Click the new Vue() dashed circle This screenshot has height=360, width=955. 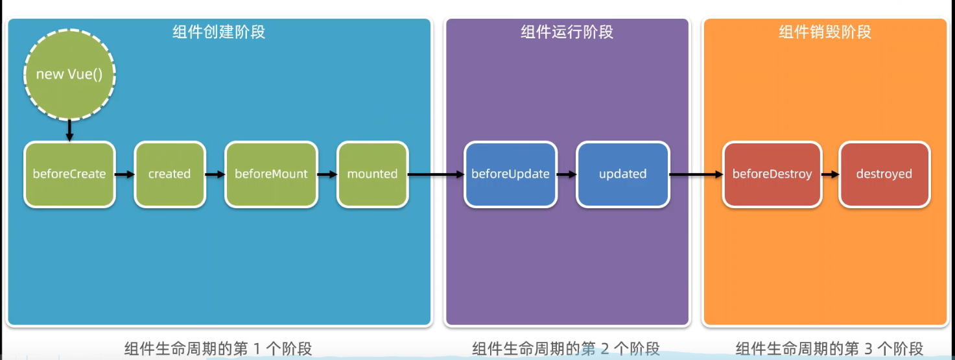point(69,74)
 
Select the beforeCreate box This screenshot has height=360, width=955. point(69,174)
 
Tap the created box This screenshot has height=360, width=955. point(169,174)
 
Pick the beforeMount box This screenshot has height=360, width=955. point(271,174)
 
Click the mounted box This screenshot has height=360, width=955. point(372,174)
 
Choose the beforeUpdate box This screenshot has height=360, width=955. point(510,174)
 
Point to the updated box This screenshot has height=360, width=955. point(622,174)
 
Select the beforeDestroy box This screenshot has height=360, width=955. point(772,174)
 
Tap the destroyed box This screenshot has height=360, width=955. point(884,174)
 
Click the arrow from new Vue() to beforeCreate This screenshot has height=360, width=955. point(69,130)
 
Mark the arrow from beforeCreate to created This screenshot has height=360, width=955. point(124,174)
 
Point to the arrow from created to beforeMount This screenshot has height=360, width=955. point(215,174)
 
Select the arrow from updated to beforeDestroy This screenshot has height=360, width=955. point(696,174)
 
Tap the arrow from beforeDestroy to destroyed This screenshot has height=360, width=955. point(829,174)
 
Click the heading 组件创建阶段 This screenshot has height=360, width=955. point(218,32)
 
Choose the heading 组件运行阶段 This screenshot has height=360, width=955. point(567,32)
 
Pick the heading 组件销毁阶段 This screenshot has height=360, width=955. point(825,32)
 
